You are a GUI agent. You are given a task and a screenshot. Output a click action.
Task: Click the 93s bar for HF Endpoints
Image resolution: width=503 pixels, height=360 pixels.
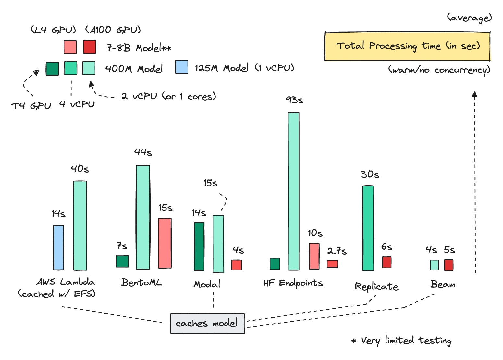[x=294, y=191]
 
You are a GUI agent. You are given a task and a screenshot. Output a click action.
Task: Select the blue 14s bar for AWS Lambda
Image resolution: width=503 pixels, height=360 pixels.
[x=58, y=247]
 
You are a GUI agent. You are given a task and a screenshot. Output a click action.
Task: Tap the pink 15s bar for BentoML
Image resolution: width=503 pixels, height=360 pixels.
[x=165, y=243]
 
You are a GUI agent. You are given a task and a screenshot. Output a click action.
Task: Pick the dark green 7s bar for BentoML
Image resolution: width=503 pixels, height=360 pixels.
[x=122, y=261]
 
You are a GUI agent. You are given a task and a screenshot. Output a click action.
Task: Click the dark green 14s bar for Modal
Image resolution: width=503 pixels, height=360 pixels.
[x=199, y=246]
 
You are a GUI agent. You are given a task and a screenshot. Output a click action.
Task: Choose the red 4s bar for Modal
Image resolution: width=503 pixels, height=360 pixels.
[x=236, y=265]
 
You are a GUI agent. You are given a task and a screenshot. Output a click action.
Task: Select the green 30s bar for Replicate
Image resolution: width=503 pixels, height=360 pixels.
[x=368, y=228]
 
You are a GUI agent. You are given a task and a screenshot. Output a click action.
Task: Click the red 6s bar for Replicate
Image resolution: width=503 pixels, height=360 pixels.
[x=387, y=262]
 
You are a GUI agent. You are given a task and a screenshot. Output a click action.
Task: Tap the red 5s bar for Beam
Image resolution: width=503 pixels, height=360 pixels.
[x=449, y=265]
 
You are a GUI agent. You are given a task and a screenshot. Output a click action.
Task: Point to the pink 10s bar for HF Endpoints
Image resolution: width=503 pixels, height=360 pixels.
[x=314, y=256]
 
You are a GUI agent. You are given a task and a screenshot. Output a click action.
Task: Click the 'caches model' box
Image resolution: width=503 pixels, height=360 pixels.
[x=207, y=323]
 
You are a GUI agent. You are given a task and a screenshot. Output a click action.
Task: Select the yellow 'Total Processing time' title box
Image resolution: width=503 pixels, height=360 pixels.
[x=407, y=46]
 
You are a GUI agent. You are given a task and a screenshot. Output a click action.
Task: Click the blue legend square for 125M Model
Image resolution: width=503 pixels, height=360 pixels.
[x=182, y=67]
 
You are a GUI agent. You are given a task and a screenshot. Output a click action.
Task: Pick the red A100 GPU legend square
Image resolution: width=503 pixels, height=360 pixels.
[x=90, y=47]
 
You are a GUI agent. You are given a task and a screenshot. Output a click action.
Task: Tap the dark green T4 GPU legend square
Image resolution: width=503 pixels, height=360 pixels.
[x=52, y=69]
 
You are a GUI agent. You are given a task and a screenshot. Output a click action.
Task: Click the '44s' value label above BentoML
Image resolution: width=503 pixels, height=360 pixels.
[x=143, y=152]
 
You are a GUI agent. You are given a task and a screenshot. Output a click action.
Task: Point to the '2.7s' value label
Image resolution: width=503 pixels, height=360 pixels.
[x=337, y=251]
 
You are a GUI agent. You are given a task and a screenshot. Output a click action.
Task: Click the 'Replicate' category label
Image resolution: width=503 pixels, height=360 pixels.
[x=376, y=287]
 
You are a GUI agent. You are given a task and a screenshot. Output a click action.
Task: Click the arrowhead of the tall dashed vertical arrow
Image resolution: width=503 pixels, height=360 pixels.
[x=475, y=94]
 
